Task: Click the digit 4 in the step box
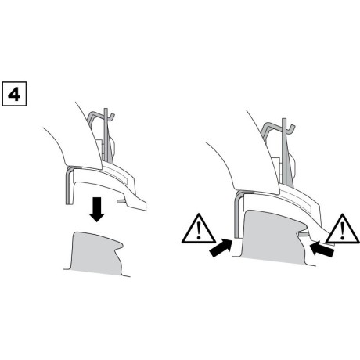[x=14, y=94]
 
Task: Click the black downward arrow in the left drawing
[x=97, y=210]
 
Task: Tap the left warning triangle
[x=199, y=229]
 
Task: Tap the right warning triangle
[x=343, y=229]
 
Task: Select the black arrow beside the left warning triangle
[x=221, y=248]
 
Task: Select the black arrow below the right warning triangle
[x=322, y=249]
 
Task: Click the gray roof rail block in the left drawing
[x=97, y=254]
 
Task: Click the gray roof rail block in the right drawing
[x=274, y=237]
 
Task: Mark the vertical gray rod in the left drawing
[x=106, y=135]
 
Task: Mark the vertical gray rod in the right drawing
[x=284, y=150]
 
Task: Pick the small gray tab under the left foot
[x=121, y=201]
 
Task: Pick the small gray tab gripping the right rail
[x=304, y=233]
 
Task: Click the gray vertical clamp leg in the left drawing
[x=70, y=185]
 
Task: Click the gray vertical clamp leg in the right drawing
[x=237, y=214]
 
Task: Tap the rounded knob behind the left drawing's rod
[x=113, y=146]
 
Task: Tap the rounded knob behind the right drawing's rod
[x=293, y=166]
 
